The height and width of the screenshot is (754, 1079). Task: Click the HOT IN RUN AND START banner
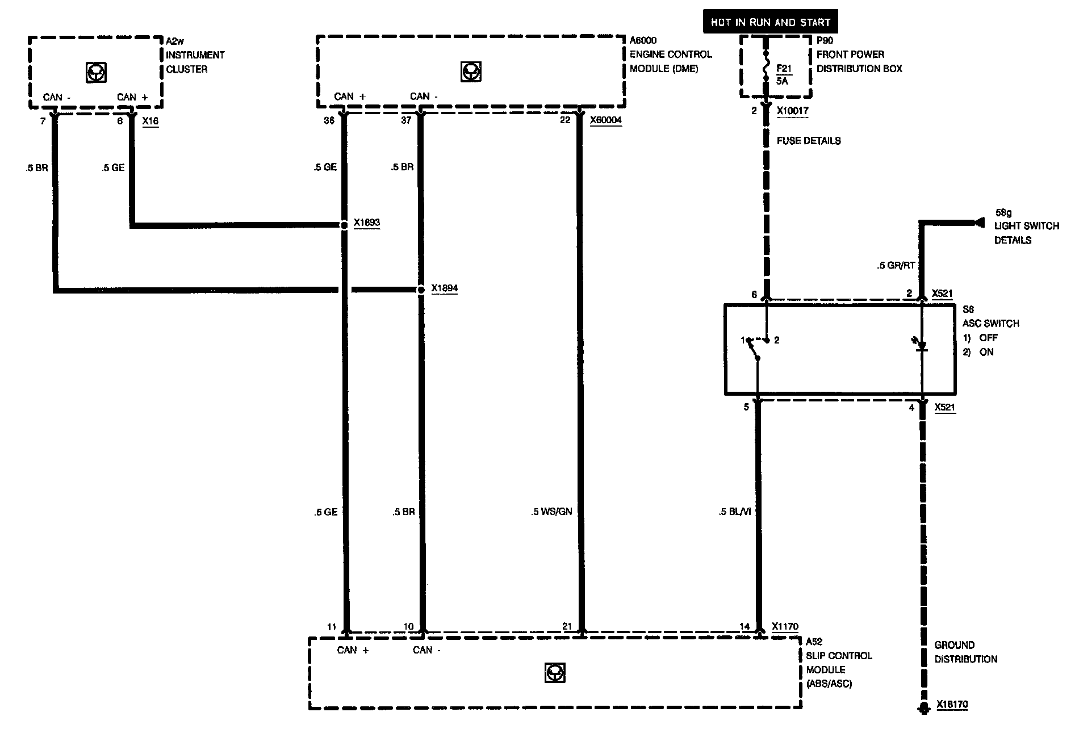tap(770, 22)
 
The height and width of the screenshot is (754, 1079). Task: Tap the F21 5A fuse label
tap(783, 74)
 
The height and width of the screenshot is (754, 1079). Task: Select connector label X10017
tap(792, 111)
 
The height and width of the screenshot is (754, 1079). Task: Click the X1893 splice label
tap(366, 223)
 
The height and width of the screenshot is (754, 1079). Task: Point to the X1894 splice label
tap(444, 288)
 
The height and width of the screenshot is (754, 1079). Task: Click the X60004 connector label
tap(605, 120)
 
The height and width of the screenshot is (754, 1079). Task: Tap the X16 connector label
tap(150, 121)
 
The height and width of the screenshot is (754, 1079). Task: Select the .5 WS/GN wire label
tap(551, 512)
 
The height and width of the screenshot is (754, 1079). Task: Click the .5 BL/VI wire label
tap(734, 512)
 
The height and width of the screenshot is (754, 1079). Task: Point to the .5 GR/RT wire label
tap(896, 265)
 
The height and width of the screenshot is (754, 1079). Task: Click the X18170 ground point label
tap(952, 705)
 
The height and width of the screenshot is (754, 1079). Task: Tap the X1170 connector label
tap(785, 626)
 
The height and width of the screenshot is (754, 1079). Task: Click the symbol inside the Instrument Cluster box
tap(95, 72)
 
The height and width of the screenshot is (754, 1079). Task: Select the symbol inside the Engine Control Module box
tap(470, 72)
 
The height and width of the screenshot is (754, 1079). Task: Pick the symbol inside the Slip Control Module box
tap(554, 673)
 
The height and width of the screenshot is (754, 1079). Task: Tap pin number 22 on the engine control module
tap(564, 120)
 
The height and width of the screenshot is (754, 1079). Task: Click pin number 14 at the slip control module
tap(745, 626)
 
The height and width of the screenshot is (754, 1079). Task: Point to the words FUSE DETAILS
tap(808, 141)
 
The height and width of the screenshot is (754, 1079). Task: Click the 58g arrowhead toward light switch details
tap(978, 223)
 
